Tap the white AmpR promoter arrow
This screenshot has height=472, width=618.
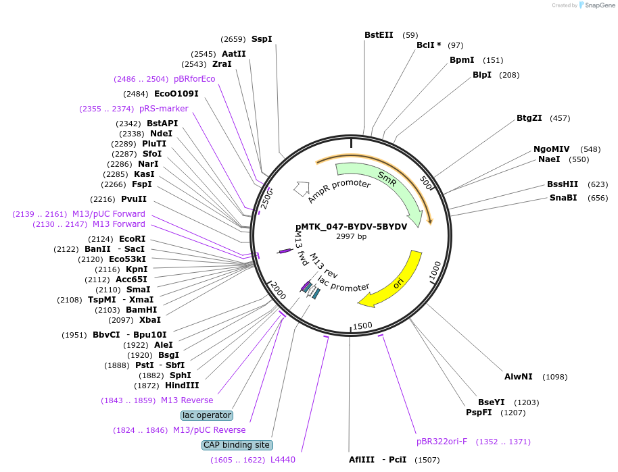tap(302, 188)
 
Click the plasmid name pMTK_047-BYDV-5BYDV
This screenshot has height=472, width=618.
tap(351, 227)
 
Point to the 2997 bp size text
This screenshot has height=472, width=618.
tap(351, 236)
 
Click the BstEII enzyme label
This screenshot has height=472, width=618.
tap(379, 35)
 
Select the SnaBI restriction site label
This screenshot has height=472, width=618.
tap(563, 198)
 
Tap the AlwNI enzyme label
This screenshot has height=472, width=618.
tap(519, 377)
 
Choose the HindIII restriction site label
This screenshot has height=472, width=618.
tap(182, 386)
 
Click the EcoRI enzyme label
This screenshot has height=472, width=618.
tap(133, 239)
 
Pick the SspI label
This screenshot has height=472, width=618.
tap(262, 39)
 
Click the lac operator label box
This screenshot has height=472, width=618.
tap(207, 415)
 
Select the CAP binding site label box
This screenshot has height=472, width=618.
tap(237, 445)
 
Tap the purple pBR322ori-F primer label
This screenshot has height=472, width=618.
tap(442, 442)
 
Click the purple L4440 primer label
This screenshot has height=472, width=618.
tap(283, 460)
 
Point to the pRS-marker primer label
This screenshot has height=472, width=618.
tap(164, 109)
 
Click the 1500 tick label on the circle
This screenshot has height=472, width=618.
tap(362, 326)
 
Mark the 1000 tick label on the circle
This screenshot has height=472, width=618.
tap(435, 271)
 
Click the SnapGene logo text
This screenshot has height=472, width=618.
tap(600, 5)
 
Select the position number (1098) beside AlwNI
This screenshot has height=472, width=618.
tap(555, 377)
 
